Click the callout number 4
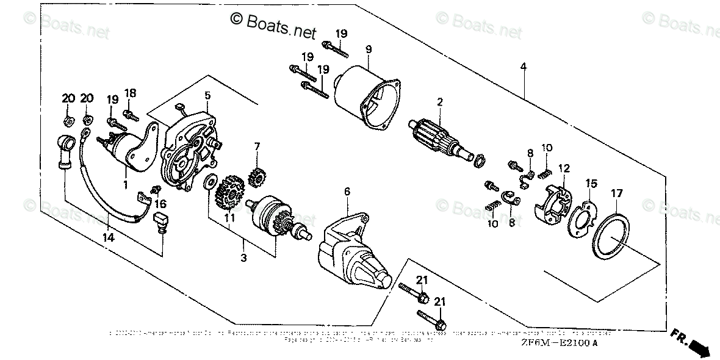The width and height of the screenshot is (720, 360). click(x=523, y=66)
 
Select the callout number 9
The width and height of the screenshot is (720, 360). click(x=368, y=48)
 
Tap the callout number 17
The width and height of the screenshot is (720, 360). click(x=617, y=193)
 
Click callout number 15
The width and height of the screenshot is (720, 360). click(x=591, y=183)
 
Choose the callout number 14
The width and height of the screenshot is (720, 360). click(x=109, y=238)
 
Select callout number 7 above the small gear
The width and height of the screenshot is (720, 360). click(x=257, y=146)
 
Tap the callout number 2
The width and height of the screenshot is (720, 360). click(x=439, y=102)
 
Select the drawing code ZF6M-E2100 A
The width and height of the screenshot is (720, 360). click(x=552, y=342)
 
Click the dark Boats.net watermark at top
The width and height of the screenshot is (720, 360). click(x=273, y=23)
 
